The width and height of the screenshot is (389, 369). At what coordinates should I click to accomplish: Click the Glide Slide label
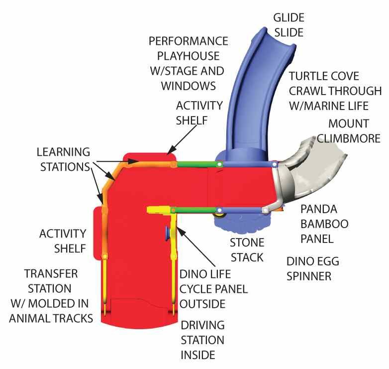click(x=289, y=25)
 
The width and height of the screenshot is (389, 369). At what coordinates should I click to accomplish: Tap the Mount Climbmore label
click(x=348, y=131)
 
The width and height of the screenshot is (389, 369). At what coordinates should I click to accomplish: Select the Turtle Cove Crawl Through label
click(x=335, y=91)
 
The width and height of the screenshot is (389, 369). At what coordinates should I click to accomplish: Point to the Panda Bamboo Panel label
click(x=324, y=224)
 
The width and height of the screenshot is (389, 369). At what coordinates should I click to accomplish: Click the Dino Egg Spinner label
click(x=312, y=269)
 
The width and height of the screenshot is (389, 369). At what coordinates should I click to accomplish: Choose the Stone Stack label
click(x=247, y=250)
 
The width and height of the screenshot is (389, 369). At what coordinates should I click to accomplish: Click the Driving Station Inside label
click(x=202, y=340)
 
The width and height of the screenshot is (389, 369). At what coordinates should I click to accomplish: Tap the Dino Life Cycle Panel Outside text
click(x=213, y=289)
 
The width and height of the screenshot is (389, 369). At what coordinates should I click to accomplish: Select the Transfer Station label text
click(x=51, y=296)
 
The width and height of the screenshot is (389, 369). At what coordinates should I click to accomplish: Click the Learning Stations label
click(x=64, y=159)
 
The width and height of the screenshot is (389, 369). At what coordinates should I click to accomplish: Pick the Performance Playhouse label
click(x=188, y=64)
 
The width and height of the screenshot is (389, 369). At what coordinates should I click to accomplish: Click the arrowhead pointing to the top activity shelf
click(x=172, y=150)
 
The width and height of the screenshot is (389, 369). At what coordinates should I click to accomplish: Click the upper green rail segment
click(x=197, y=164)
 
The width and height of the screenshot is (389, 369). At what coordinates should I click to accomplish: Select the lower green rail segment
click(x=195, y=210)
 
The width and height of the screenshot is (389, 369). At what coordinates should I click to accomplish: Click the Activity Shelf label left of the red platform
click(x=63, y=241)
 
